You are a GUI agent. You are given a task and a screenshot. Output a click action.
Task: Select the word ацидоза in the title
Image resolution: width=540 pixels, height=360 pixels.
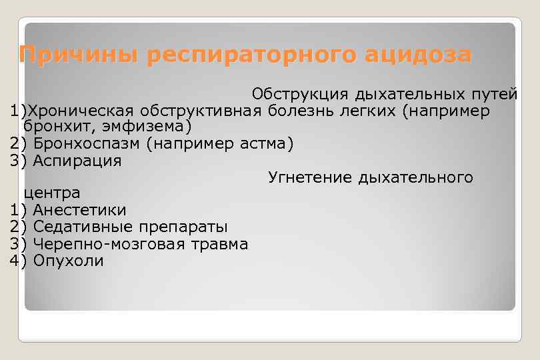419,55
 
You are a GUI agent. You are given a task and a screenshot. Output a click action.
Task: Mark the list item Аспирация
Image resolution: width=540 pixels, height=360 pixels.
77,161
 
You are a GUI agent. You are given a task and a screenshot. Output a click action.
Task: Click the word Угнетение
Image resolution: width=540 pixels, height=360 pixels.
309,177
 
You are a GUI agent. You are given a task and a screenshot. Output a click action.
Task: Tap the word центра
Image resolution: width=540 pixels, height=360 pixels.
52,193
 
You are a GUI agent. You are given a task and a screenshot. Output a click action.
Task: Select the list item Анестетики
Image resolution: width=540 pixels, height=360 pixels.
79,210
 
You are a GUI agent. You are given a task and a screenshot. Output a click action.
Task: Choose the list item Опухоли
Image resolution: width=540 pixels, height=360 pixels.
68,261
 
